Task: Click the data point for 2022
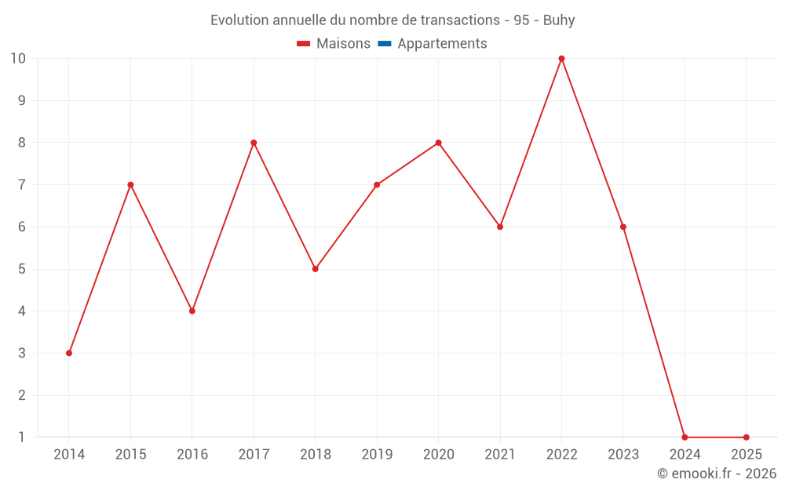(561, 58)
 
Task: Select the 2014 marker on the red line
(69, 353)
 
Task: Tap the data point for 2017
(254, 143)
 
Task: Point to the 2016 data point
(192, 311)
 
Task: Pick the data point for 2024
(685, 437)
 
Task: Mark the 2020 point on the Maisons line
(438, 143)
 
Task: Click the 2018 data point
(316, 269)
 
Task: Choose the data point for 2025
(746, 437)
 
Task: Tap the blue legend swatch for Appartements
(384, 44)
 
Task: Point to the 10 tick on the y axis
(18, 58)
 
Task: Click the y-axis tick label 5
(22, 269)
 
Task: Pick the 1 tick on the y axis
(22, 437)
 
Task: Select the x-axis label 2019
(377, 455)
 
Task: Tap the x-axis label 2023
(623, 455)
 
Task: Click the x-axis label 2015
(130, 455)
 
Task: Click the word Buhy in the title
(559, 20)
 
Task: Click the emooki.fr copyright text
(716, 474)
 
